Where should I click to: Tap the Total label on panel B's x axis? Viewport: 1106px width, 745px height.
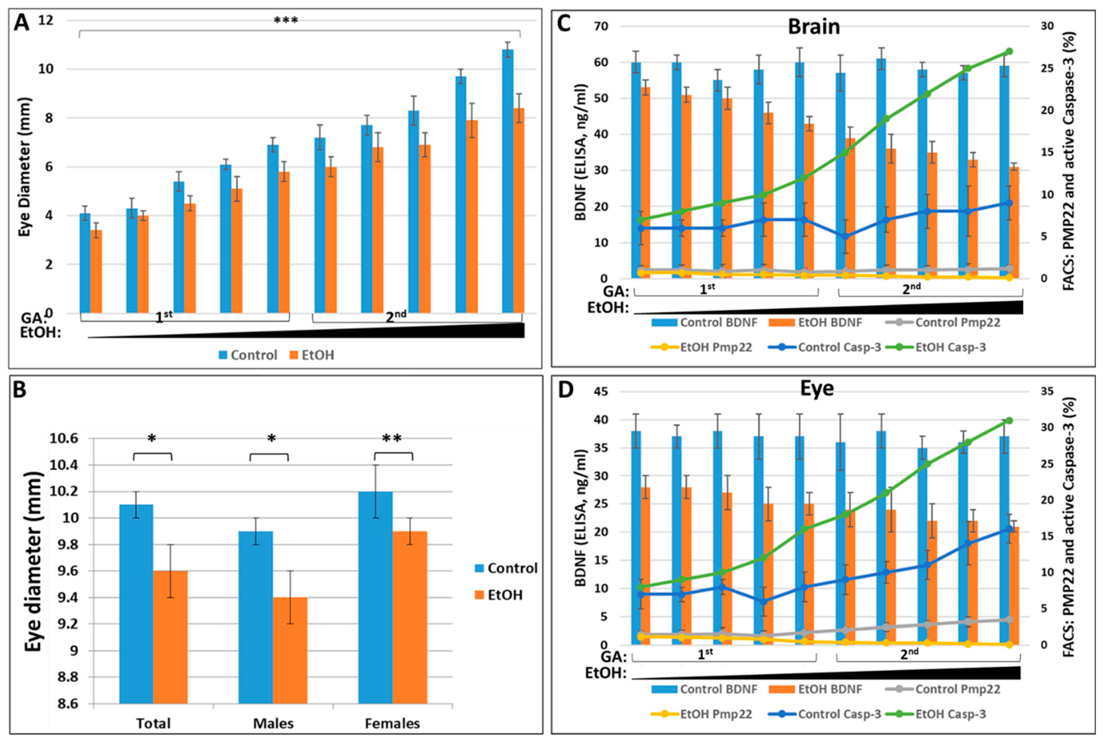coord(153,723)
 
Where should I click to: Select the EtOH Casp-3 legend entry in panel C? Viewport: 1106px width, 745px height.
coord(950,347)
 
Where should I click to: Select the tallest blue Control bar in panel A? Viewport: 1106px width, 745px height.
coord(507,181)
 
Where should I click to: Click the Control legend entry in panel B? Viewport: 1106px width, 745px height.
coord(512,568)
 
